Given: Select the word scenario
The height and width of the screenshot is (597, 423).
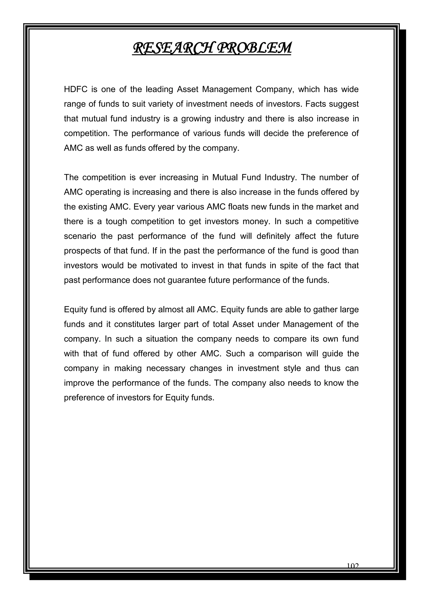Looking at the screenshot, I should [x=80, y=236].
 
